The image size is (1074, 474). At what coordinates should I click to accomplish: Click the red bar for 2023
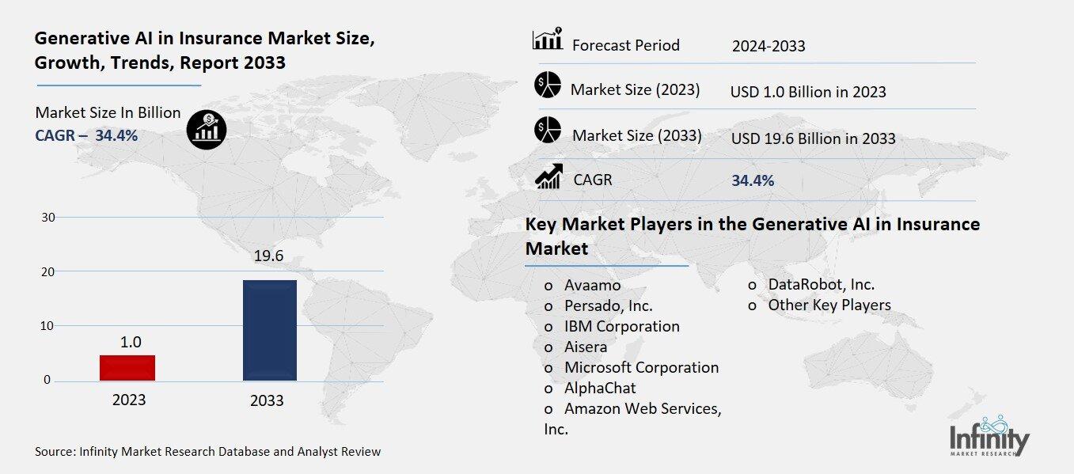pyautogui.click(x=127, y=368)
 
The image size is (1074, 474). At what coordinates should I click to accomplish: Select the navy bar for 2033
pyautogui.click(x=269, y=330)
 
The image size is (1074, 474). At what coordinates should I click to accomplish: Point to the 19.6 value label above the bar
pyautogui.click(x=269, y=256)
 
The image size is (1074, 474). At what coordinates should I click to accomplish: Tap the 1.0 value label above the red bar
pyautogui.click(x=130, y=342)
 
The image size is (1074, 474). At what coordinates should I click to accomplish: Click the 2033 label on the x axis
pyautogui.click(x=267, y=400)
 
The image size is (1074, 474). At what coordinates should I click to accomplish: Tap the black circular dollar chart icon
pyautogui.click(x=207, y=129)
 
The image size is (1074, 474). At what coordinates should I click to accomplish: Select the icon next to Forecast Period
pyautogui.click(x=547, y=40)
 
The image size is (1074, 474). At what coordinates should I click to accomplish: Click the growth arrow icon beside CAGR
pyautogui.click(x=548, y=176)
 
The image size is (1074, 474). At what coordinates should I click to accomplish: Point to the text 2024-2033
pyautogui.click(x=768, y=46)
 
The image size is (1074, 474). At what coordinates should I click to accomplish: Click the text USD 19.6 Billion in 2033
pyautogui.click(x=813, y=138)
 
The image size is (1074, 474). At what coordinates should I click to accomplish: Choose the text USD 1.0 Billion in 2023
pyautogui.click(x=807, y=92)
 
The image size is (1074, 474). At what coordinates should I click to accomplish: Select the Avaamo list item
pyautogui.click(x=592, y=285)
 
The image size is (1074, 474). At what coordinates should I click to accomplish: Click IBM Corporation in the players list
pyautogui.click(x=621, y=326)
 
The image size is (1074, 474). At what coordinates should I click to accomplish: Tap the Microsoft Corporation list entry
pyautogui.click(x=641, y=367)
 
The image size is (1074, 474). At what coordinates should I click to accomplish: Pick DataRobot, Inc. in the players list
pyautogui.click(x=821, y=284)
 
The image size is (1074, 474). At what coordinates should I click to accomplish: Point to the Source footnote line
pyautogui.click(x=207, y=452)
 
